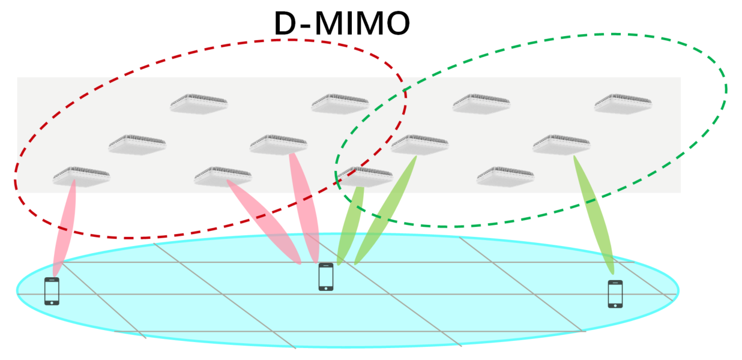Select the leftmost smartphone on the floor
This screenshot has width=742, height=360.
point(52,291)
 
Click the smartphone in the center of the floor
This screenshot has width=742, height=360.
point(326,277)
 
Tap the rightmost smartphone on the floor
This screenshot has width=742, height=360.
point(615,294)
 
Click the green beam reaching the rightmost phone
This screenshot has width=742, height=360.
point(594,216)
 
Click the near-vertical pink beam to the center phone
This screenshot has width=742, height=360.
point(304,207)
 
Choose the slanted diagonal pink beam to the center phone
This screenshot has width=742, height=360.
point(264,222)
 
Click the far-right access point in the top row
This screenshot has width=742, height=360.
point(623,103)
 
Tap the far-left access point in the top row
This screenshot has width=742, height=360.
point(199,103)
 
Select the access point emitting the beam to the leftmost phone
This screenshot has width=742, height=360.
point(81,175)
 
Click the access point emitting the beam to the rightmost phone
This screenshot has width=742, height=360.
point(561,143)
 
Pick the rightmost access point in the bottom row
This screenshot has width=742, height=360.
point(505,175)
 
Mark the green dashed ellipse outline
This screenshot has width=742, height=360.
point(725,90)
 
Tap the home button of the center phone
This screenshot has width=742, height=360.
point(326,288)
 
